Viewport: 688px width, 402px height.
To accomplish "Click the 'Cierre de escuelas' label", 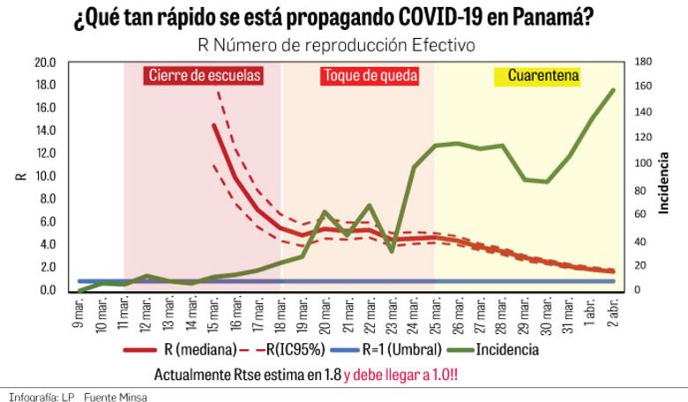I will click(x=204, y=76).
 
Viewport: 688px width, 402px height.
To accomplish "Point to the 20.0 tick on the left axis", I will click(x=44, y=63).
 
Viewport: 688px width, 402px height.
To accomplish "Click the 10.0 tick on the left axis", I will click(x=44, y=176).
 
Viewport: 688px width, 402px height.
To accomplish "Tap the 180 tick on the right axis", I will click(x=643, y=63).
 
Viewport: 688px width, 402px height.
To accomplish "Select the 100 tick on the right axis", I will click(x=643, y=164).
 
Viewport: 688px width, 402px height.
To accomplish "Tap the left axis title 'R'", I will click(x=21, y=176).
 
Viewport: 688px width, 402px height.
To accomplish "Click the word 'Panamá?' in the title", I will click(x=550, y=18).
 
